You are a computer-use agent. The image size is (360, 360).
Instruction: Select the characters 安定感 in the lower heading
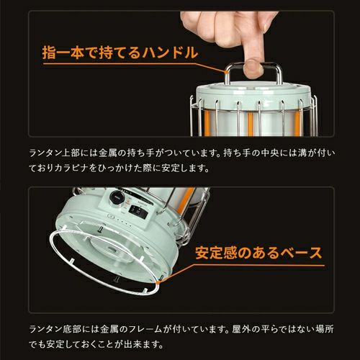click(220, 253)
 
